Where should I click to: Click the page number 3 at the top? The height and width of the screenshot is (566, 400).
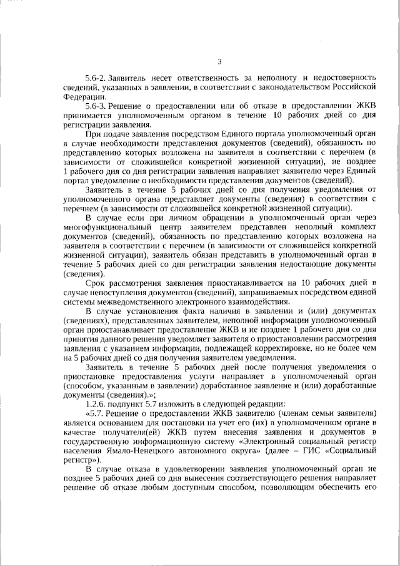[219, 61]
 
